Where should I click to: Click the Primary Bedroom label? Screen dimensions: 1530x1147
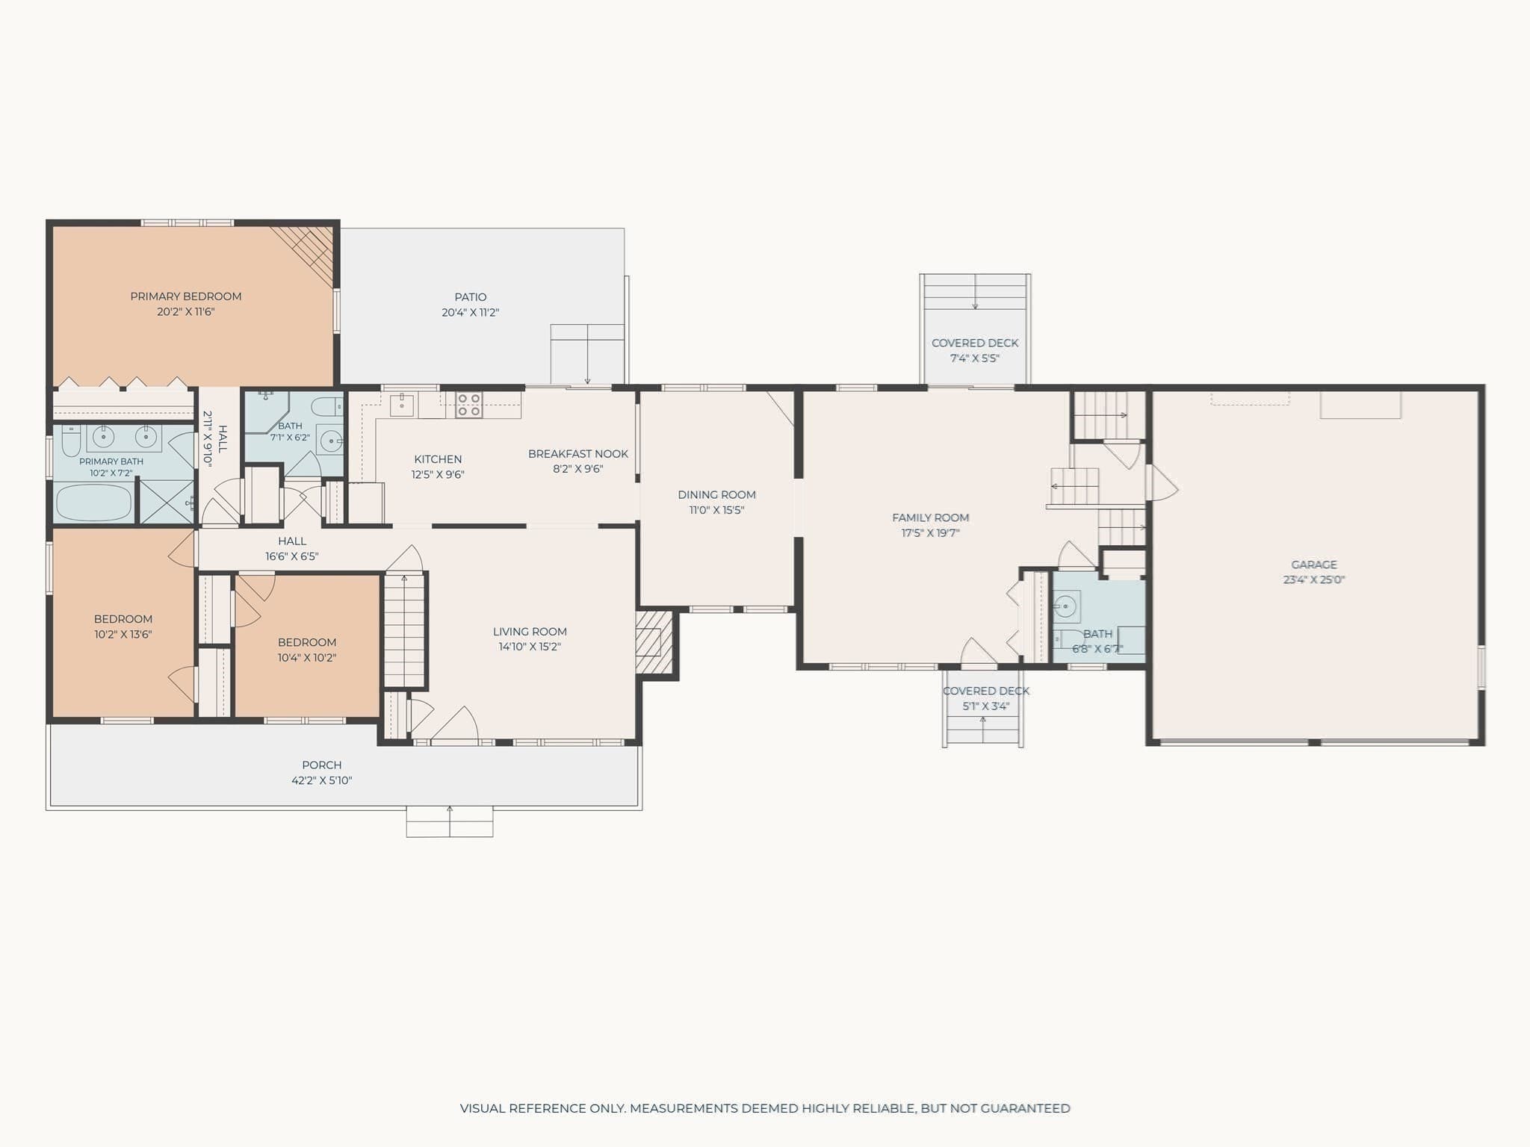pyautogui.click(x=186, y=296)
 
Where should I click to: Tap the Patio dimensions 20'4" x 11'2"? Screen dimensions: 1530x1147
pyautogui.click(x=470, y=313)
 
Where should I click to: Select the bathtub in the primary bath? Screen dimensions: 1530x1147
pyautogui.click(x=93, y=503)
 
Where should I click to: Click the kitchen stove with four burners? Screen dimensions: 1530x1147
pyautogui.click(x=469, y=405)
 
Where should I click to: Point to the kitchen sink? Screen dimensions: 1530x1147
pyautogui.click(x=402, y=405)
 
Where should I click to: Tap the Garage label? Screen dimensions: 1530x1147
pyautogui.click(x=1314, y=565)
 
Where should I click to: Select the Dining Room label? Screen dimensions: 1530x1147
pyautogui.click(x=716, y=494)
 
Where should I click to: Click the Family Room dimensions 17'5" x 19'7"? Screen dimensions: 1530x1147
pyautogui.click(x=930, y=533)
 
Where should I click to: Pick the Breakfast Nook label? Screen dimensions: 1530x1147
pyautogui.click(x=578, y=453)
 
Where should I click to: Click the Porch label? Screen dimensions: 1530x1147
pyautogui.click(x=322, y=765)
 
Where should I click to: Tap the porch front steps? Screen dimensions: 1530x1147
pyautogui.click(x=450, y=821)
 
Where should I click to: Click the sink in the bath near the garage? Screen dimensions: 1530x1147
pyautogui.click(x=1066, y=606)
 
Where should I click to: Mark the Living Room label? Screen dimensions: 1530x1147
pyautogui.click(x=530, y=632)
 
